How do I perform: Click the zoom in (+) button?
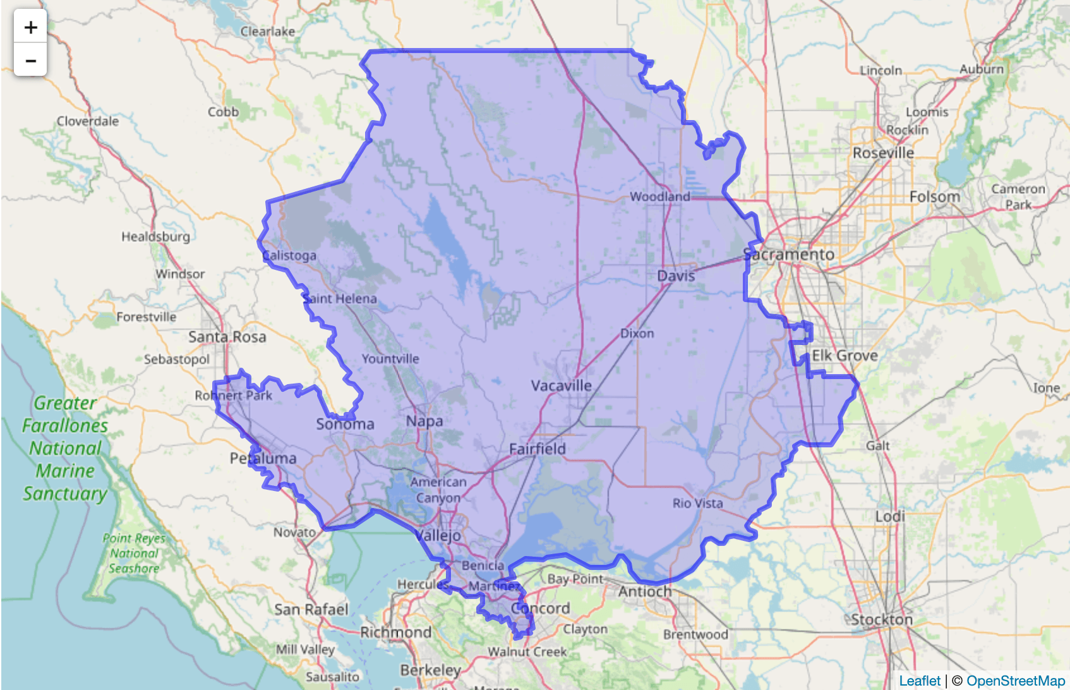[x=30, y=27]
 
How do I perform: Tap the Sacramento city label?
[x=789, y=255]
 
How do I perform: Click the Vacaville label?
[x=561, y=385]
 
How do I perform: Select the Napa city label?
[x=424, y=421]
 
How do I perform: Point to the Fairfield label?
[x=537, y=449]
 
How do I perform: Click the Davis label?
[x=676, y=275]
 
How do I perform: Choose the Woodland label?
[x=659, y=197]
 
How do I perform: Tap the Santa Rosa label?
[x=227, y=337]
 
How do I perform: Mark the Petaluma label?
[x=263, y=458]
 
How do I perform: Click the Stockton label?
[x=882, y=619]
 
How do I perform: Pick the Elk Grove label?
[x=845, y=356]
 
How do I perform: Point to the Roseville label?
[x=883, y=153]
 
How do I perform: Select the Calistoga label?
[x=289, y=255]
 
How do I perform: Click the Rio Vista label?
[x=697, y=503]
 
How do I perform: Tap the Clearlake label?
[x=267, y=31]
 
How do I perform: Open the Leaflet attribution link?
[x=920, y=681]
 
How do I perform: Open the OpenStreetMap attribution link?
[x=1015, y=681]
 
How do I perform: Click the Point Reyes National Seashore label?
[x=133, y=553]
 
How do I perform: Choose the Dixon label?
[x=637, y=333]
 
